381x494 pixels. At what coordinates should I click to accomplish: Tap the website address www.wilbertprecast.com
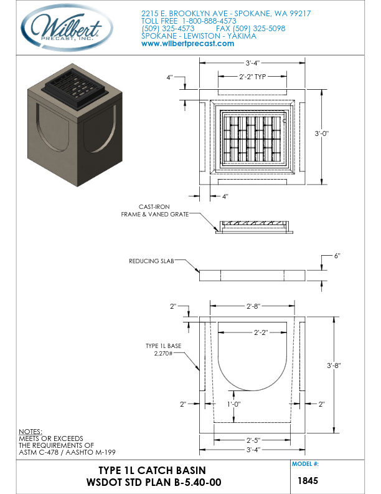click(x=187, y=44)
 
